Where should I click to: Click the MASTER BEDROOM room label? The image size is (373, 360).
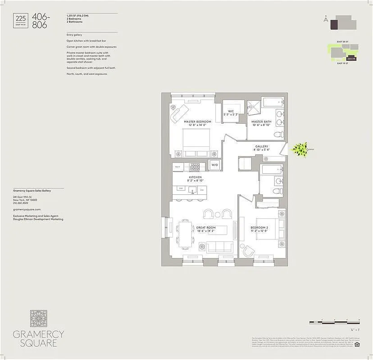[x=197, y=121]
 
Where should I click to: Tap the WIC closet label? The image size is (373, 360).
[x=231, y=111]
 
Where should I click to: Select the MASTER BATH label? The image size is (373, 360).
[x=261, y=121]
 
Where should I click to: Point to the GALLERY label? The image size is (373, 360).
[x=262, y=146]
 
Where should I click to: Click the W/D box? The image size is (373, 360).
[x=214, y=165]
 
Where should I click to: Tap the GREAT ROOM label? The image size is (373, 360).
[x=205, y=228]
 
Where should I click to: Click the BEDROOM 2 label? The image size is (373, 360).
[x=259, y=228]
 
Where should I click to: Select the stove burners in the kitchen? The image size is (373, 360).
[x=194, y=167]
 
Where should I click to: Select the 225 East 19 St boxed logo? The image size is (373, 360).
[x=21, y=20]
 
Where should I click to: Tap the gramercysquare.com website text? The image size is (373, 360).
[x=27, y=209]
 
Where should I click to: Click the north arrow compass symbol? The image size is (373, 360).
[x=325, y=19]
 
